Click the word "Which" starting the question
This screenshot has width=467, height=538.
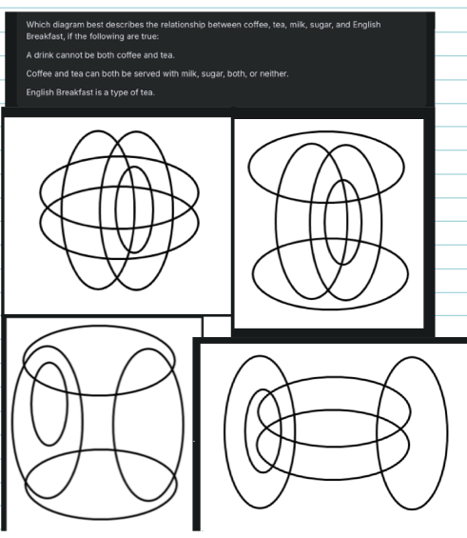38,25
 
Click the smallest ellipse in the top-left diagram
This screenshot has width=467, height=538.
152,209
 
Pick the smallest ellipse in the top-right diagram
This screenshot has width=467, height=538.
360,222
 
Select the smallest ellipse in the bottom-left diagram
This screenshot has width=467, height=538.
32,404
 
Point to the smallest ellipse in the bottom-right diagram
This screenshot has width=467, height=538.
246,431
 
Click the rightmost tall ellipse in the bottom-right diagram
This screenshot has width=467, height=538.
446,433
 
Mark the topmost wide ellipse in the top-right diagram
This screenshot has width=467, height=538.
326,131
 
